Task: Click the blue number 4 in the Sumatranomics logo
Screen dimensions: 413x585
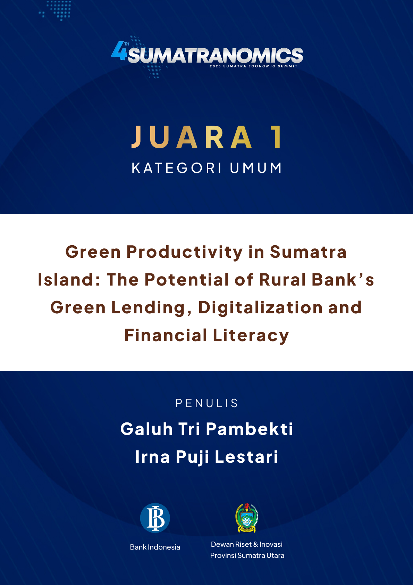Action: click(x=119, y=51)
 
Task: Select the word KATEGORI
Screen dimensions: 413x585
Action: click(x=177, y=168)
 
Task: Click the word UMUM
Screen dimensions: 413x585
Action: click(x=256, y=168)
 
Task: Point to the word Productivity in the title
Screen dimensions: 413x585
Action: click(x=185, y=253)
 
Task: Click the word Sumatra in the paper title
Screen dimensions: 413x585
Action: click(x=308, y=252)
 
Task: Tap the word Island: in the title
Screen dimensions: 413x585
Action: click(x=69, y=280)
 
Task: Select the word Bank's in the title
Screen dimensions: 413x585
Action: click(x=343, y=280)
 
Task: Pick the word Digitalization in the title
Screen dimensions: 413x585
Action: click(x=260, y=308)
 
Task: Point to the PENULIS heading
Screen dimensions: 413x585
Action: click(x=206, y=403)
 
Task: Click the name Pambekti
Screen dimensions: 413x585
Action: click(x=250, y=429)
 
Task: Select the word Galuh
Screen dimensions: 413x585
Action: click(x=146, y=429)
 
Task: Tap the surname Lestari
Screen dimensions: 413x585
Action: click(x=246, y=457)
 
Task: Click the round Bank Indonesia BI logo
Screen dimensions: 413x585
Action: click(x=155, y=518)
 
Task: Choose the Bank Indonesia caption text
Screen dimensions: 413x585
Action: click(x=155, y=547)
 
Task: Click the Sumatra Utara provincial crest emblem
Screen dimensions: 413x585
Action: click(x=246, y=518)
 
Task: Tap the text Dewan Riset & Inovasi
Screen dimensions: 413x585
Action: click(x=246, y=544)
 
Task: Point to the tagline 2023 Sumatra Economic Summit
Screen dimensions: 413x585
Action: click(x=254, y=66)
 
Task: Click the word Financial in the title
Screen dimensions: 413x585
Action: click(x=166, y=335)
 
